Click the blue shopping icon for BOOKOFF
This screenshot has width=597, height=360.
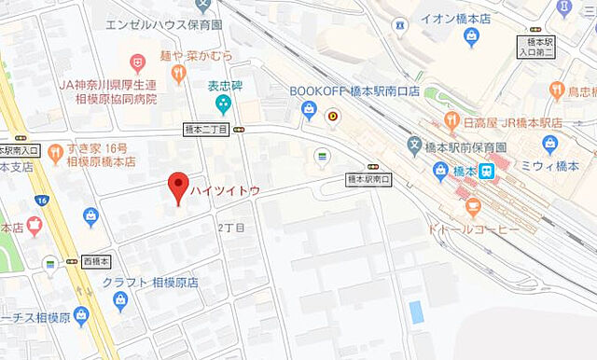tap(309, 112)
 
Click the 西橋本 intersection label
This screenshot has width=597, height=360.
tap(95, 261)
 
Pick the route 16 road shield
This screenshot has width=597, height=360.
tap(41, 200)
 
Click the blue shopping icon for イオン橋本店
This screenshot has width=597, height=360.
tap(471, 37)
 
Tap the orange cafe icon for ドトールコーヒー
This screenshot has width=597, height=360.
tap(472, 205)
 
